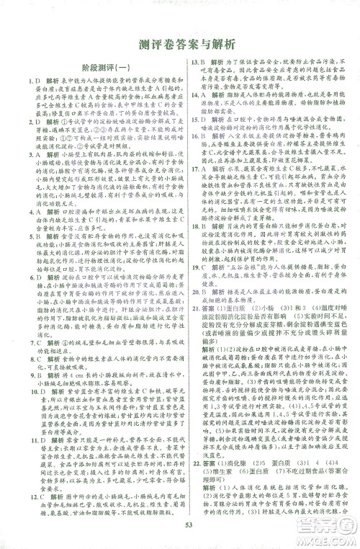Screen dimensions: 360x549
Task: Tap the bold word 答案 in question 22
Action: (x=210, y=461)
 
